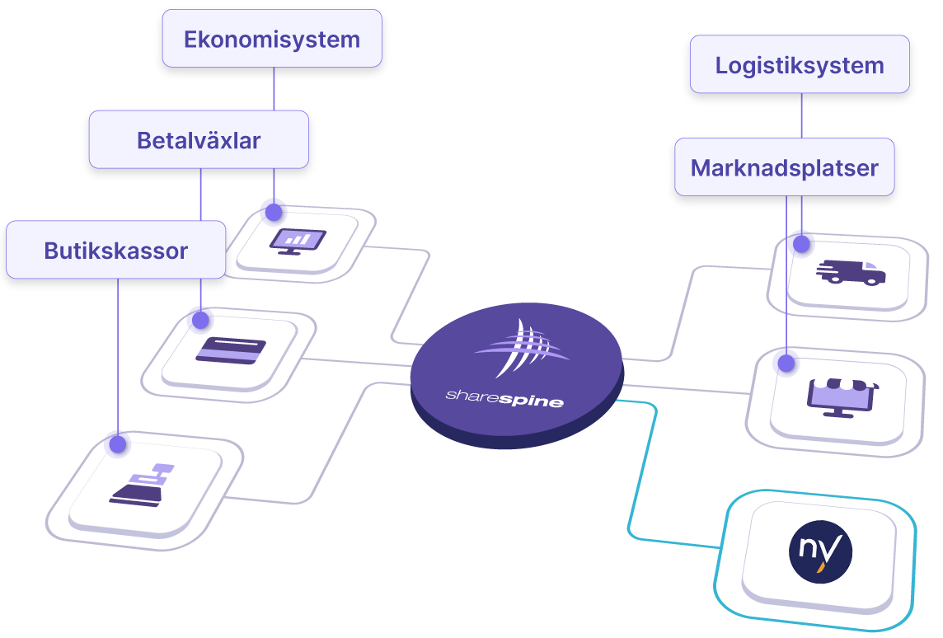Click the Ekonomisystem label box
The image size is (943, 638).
(x=272, y=39)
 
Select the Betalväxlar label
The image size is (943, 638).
(x=199, y=140)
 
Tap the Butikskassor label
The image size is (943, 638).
(x=116, y=250)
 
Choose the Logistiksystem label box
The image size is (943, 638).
(x=800, y=65)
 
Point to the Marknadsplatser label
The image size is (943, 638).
(x=784, y=168)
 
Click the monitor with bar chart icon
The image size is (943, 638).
(x=298, y=241)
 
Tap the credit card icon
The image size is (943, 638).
(x=231, y=350)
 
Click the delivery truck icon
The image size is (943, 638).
(x=850, y=272)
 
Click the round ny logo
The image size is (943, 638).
(x=819, y=551)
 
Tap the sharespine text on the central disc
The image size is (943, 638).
(x=504, y=399)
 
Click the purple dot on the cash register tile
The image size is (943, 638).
(x=117, y=443)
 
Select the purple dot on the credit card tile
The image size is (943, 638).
(x=199, y=317)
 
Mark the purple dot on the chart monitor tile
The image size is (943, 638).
(x=272, y=209)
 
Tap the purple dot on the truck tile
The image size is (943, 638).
(x=800, y=242)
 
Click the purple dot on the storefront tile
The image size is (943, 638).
(x=785, y=360)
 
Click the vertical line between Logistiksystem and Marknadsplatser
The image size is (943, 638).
(x=801, y=115)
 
